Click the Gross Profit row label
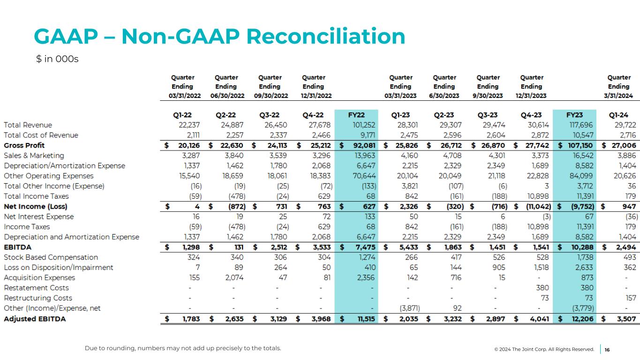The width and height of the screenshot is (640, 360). coord(24,145)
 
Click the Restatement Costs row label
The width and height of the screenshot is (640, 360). coord(36,288)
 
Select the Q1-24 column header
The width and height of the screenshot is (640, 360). coord(618,115)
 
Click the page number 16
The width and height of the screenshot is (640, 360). coord(607,349)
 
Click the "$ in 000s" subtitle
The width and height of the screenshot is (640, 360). coord(57,60)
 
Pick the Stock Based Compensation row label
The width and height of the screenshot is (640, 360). coord(51,257)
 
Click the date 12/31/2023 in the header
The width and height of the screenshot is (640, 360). coord(532,96)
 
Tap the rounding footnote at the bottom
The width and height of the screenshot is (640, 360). coord(183,348)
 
